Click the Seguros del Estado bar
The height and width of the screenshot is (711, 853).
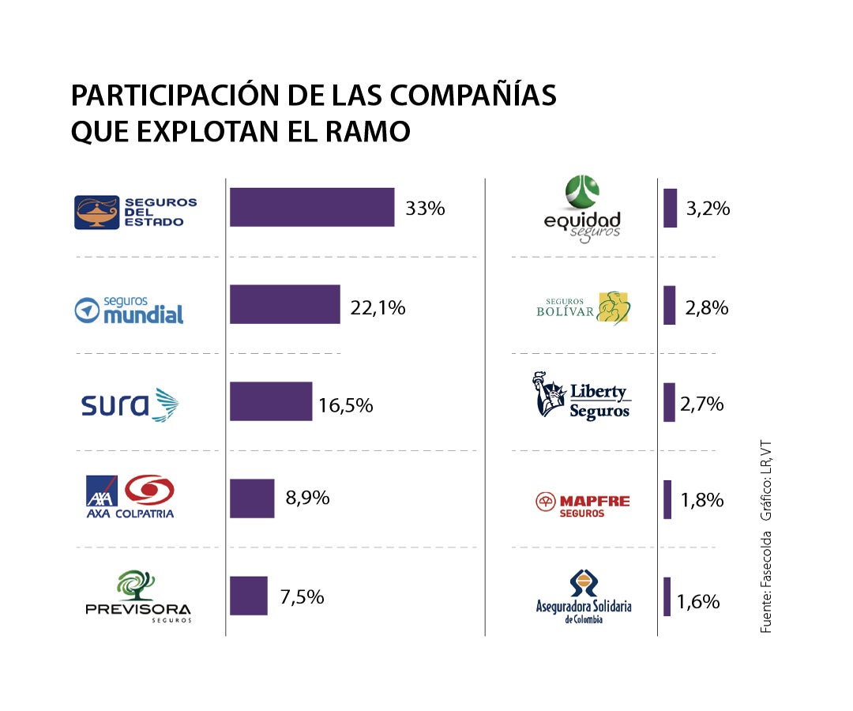312,208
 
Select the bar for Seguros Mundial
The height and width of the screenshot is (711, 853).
284,305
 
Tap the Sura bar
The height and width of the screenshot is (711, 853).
271,401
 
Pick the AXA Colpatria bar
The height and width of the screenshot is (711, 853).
252,498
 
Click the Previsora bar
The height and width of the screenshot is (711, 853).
249,596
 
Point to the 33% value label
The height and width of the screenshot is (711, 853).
425,209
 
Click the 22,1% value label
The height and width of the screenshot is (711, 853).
378,308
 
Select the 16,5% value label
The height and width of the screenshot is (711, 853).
345,406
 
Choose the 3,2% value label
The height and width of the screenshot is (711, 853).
708,209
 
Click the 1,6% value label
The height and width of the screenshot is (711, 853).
698,602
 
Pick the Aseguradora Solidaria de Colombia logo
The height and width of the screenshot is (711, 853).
584,597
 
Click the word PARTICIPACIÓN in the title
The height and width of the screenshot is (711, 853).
175,96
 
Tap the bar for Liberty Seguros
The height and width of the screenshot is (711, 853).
669,402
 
